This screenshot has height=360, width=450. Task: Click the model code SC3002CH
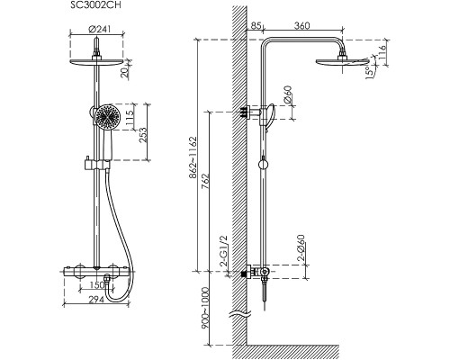click(95, 5)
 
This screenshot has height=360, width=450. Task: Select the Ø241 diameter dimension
click(100, 30)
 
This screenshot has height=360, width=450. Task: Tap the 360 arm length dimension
click(301, 26)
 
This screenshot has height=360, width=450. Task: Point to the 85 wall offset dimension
click(256, 26)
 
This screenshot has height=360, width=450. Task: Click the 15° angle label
click(370, 72)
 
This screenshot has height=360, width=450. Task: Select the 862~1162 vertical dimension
click(193, 157)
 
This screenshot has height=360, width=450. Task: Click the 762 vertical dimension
click(205, 181)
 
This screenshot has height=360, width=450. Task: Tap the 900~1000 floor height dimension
click(205, 307)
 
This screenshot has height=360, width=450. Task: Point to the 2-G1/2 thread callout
click(224, 251)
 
